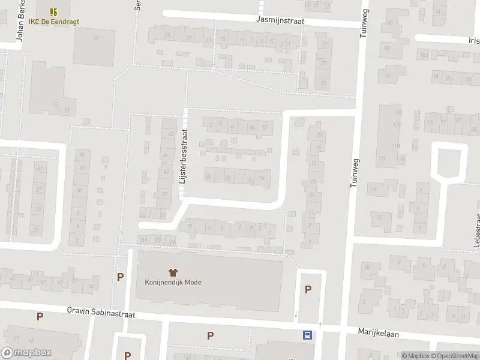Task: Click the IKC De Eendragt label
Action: click(53, 22)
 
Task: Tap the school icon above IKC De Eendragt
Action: click(53, 11)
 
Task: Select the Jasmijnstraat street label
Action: click(280, 20)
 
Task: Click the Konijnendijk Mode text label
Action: click(173, 282)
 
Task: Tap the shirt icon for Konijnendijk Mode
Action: click(173, 272)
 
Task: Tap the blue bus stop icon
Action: click(308, 335)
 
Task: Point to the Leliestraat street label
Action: click(478, 228)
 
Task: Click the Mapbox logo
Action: click(26, 353)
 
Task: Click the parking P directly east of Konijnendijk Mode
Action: click(308, 290)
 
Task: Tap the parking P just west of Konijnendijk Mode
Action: click(121, 277)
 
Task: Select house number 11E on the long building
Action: click(397, 112)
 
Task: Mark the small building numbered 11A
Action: click(401, 159)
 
